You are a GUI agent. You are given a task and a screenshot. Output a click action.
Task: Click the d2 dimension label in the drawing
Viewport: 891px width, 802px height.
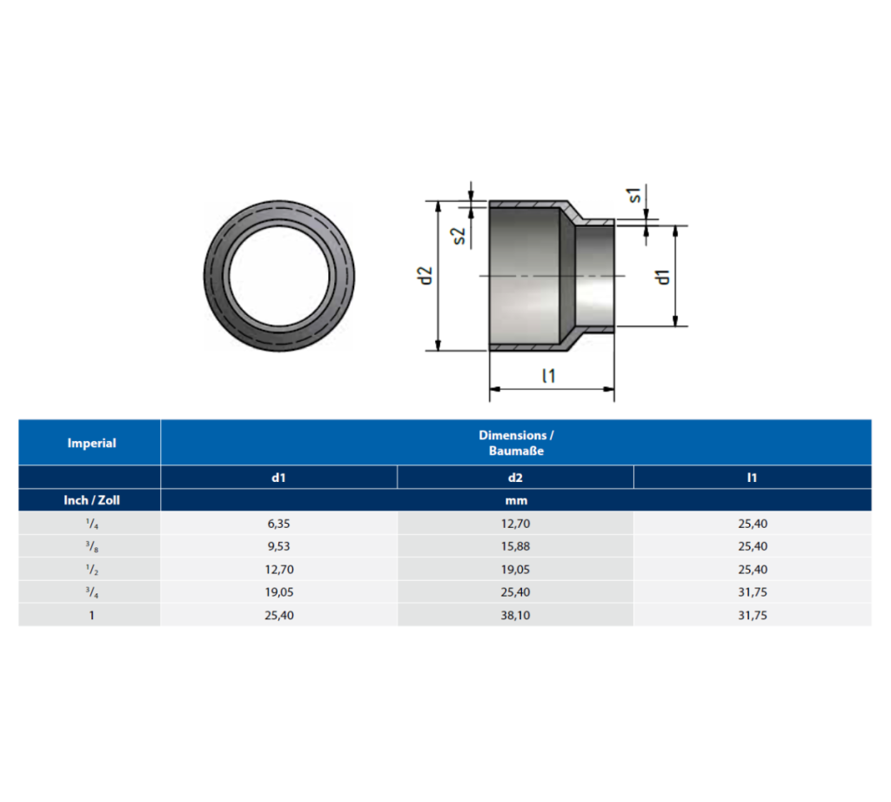pos(425,276)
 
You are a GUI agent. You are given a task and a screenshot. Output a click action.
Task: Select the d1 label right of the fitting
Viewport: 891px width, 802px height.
pos(663,277)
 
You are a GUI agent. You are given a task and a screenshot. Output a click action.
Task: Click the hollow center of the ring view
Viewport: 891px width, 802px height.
pos(279,277)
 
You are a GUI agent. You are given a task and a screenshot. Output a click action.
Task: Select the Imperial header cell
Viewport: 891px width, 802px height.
pos(91,443)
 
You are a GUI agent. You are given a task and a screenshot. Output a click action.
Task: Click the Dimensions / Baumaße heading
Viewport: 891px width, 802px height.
pos(515,443)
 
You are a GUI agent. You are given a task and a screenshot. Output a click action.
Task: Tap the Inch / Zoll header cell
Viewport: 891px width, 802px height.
pos(90,500)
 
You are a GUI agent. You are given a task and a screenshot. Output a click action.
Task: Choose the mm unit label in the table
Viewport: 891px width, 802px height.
pos(515,500)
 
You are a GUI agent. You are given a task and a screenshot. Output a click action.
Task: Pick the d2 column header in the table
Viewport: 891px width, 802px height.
pos(515,477)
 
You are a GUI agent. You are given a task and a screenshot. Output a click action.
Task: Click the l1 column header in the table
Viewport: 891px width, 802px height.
pos(752,477)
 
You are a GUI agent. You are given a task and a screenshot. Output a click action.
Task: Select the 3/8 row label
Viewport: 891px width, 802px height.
pos(90,547)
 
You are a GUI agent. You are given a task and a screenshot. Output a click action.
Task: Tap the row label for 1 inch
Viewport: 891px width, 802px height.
pos(90,615)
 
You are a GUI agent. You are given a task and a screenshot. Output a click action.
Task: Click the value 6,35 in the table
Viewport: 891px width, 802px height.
pos(278,524)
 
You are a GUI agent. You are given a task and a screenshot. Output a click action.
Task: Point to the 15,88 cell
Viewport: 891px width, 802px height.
pos(515,547)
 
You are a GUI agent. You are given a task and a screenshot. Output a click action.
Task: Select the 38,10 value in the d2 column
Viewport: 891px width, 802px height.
pos(515,615)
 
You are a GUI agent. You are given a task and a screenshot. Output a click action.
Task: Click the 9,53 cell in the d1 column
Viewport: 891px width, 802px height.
pos(278,547)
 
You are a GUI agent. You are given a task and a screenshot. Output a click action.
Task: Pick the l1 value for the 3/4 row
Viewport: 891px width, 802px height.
pos(752,592)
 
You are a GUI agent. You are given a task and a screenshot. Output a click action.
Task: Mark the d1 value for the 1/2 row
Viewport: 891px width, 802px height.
pos(278,570)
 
